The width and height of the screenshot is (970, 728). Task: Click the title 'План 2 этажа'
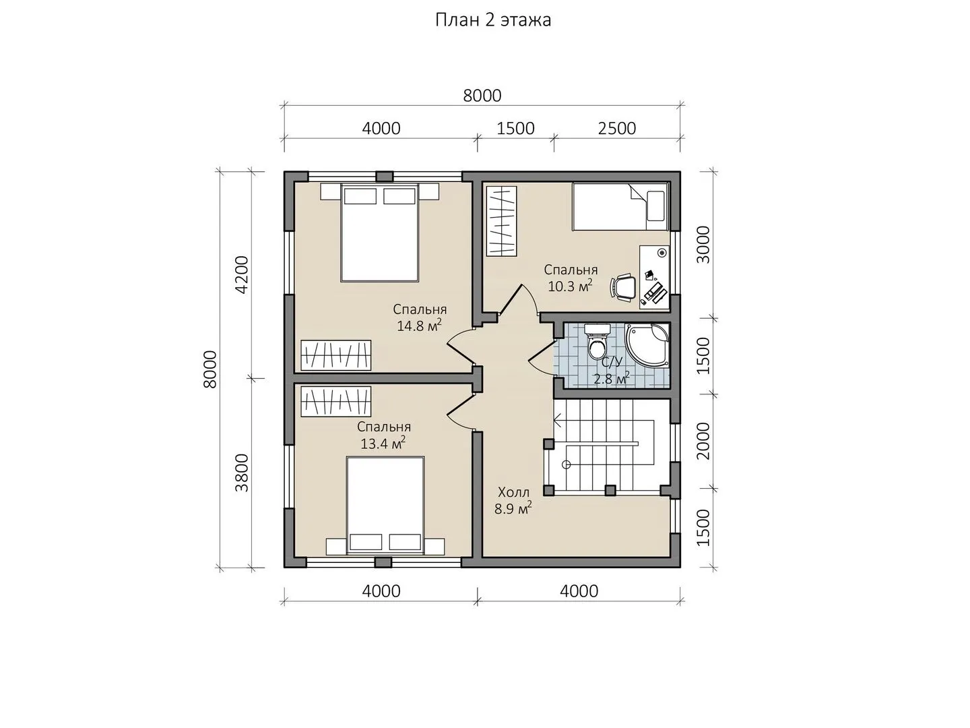492,20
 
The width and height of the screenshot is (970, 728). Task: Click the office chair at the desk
623,288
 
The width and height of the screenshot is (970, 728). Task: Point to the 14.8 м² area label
419,326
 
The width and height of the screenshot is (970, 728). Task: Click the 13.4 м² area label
383,443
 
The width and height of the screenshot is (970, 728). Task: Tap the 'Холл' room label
513,492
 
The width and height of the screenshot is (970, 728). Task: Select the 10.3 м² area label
570,286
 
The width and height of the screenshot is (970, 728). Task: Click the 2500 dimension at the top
616,129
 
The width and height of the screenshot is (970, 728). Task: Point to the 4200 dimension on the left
243,274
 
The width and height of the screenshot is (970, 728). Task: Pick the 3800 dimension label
243,473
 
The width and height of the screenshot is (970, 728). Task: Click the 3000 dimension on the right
703,245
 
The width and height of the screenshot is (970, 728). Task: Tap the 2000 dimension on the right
703,441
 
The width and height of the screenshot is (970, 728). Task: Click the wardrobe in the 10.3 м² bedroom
502,221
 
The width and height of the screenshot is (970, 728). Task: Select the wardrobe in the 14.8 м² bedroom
336,355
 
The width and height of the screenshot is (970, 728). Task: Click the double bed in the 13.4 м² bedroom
385,506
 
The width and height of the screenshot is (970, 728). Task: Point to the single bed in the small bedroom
620,206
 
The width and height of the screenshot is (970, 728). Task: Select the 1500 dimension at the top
515,129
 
